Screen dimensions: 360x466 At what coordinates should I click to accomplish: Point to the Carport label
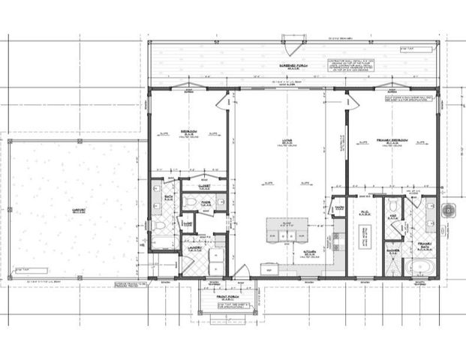click(74, 211)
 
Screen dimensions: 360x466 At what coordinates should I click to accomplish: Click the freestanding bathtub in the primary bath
click(416, 267)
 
